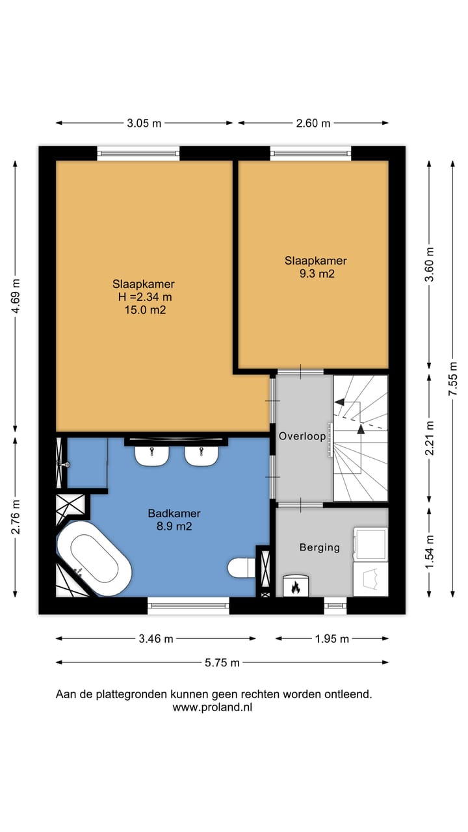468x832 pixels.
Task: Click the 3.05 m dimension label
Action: coord(144,123)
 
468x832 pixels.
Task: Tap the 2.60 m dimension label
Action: coord(313,123)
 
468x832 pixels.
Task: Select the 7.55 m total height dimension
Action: coord(453,378)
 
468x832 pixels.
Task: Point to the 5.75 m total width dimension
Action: coord(222,662)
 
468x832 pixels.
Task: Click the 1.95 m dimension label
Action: coord(332,638)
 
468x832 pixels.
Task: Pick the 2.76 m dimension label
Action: coord(15,516)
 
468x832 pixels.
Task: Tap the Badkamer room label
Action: coord(174,513)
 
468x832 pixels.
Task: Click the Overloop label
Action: coord(302,436)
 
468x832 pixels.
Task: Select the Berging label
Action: coord(320,547)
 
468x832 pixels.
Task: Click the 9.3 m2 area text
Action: coord(317,274)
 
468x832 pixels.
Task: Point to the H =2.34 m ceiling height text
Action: coord(145,297)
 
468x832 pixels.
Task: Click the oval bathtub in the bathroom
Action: coord(94,558)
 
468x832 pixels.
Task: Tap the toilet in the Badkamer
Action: coord(241,568)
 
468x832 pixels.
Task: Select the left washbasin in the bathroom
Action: coord(152,456)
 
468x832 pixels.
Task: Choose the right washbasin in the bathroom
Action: coord(201,456)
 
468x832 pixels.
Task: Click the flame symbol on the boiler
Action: coord(296,587)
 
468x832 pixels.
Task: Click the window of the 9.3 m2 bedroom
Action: coord(311,153)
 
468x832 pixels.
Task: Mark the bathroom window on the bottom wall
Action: coord(188,606)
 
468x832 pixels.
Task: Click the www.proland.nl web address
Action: coord(213,707)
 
